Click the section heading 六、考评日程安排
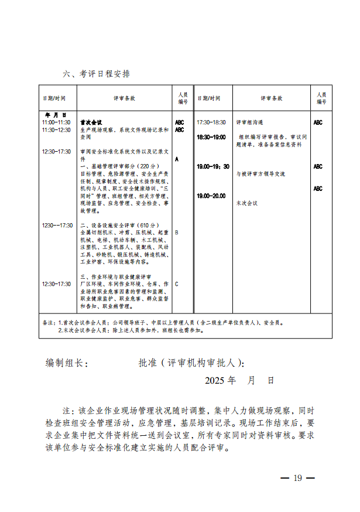pos(96,74)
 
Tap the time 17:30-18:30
pos(211,122)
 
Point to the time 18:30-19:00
pos(211,136)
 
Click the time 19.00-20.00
pos(211,195)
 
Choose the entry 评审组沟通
pos(249,122)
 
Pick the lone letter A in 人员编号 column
pos(177,159)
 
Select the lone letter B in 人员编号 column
pos(177,233)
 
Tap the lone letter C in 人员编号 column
pos(177,284)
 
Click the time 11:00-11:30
pos(56,122)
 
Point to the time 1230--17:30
pos(57,225)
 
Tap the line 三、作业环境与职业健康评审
pos(115,277)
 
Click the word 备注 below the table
pos(47,322)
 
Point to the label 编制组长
pos(67,364)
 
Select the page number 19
pos(297,478)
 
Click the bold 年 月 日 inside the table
pos(56,115)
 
